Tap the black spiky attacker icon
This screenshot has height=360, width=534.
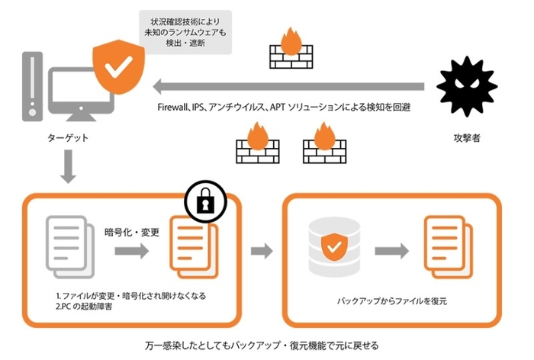coord(466,85)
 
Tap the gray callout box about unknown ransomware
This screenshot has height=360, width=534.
coord(185,30)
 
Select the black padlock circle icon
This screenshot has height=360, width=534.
coord(206,203)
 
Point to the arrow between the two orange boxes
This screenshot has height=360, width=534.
coord(261,250)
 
